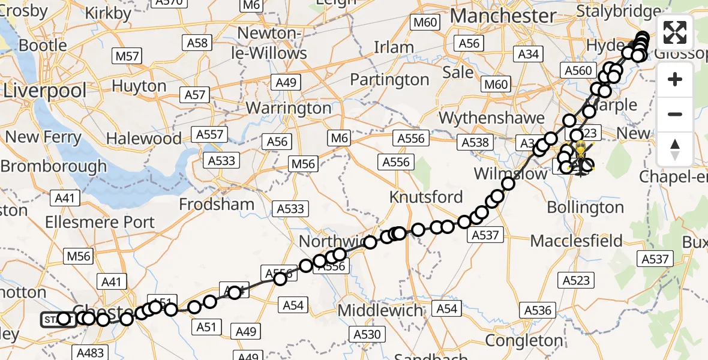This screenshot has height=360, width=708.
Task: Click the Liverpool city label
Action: pyautogui.click(x=45, y=91)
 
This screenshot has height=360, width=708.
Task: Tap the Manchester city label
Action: pyautogui.click(x=494, y=16)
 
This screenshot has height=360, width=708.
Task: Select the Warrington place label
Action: pyautogui.click(x=289, y=109)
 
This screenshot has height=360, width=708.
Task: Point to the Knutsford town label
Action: pyautogui.click(x=426, y=197)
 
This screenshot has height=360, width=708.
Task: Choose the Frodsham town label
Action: pyautogui.click(x=217, y=204)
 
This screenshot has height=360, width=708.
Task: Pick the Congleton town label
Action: pyautogui.click(x=524, y=340)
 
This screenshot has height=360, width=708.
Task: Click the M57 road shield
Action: pyautogui.click(x=127, y=57)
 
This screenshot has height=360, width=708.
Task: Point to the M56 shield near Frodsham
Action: pyautogui.click(x=304, y=164)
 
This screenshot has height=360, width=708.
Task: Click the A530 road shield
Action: pyautogui.click(x=367, y=334)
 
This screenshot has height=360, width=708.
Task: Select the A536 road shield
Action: pyautogui.click(x=538, y=310)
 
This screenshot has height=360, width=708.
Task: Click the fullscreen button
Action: pyautogui.click(x=675, y=33)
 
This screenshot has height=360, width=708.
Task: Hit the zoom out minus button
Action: pyautogui.click(x=675, y=114)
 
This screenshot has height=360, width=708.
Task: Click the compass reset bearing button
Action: pyautogui.click(x=675, y=148)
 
